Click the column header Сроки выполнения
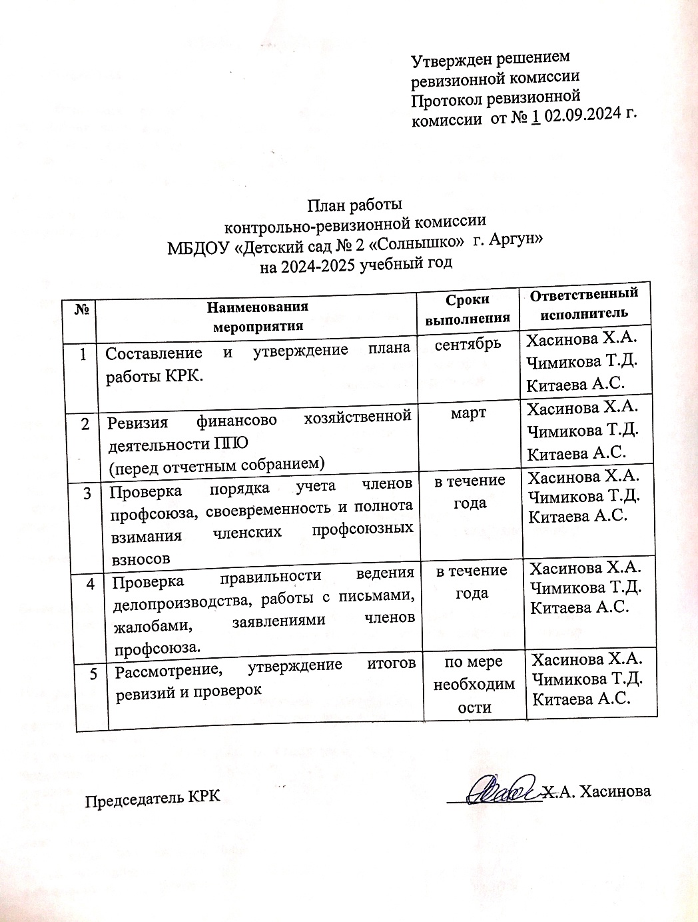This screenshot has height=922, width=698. (x=468, y=309)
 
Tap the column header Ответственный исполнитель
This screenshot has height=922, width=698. (x=583, y=302)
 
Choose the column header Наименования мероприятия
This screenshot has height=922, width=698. (x=258, y=316)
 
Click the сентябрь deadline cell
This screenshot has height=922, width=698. (x=468, y=345)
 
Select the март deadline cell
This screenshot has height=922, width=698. (x=469, y=413)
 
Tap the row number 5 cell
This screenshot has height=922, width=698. (x=95, y=674)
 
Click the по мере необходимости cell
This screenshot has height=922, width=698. (x=474, y=685)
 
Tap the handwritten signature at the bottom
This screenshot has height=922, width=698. (x=502, y=790)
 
